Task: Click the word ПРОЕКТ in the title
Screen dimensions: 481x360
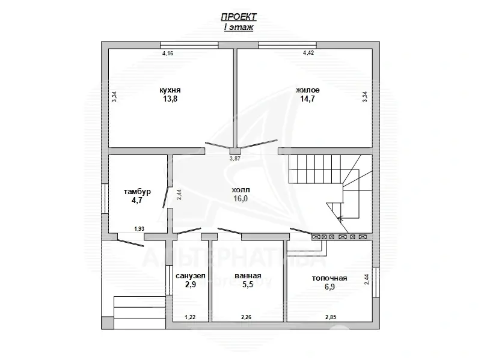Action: coord(239,17)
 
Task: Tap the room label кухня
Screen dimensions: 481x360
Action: coord(170,90)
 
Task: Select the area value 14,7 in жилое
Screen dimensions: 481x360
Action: coord(308,99)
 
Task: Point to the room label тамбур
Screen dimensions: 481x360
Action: coord(137,192)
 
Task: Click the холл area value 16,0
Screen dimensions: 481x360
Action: coord(240,198)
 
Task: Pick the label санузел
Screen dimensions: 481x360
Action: coord(191,276)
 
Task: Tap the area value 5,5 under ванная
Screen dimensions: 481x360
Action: coord(248,284)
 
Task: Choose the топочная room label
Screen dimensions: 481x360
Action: coord(329,278)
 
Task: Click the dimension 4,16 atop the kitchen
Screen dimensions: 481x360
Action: coord(168,53)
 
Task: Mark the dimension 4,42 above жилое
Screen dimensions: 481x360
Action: coord(308,53)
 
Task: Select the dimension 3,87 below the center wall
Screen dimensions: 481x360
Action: coord(235,159)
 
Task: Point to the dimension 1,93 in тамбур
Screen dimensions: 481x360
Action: coord(139,229)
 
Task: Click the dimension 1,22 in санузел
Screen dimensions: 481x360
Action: coord(190,317)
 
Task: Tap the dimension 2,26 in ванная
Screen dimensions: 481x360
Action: coord(247,317)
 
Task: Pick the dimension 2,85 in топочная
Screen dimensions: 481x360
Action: coord(331,317)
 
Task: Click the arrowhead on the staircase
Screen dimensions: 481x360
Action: coord(340,218)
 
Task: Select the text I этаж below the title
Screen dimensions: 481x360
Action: coord(239,27)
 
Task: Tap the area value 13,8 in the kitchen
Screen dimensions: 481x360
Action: coord(170,99)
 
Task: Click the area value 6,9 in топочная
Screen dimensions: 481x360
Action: coord(329,287)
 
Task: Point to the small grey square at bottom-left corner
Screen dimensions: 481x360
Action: coord(108,323)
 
